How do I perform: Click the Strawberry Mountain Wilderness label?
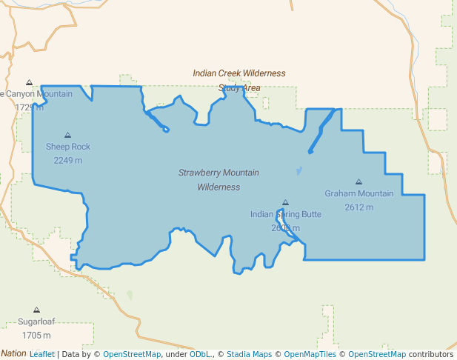pos(219,180)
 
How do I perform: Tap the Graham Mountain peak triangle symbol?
pos(358,181)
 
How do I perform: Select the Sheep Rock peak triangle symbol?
pos(67,135)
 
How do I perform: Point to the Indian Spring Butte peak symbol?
pos(285,202)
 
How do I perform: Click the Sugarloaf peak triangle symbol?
pos(36,310)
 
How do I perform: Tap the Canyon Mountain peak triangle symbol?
pos(29,82)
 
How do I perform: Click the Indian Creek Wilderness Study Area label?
pos(239,80)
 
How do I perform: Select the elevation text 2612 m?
pos(359,207)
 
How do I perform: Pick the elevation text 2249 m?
pos(68,160)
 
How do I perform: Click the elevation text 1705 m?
pos(36,336)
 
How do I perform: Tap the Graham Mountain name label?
pos(359,194)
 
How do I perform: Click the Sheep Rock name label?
pos(68,147)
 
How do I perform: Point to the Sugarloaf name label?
pos(37,322)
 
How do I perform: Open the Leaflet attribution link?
pos(41,354)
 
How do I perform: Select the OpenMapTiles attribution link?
pos(310,354)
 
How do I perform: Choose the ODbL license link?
pos(199,354)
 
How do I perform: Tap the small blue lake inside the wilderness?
pos(298,171)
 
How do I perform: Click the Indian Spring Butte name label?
pos(286,215)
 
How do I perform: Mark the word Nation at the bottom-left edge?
pos(13,353)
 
